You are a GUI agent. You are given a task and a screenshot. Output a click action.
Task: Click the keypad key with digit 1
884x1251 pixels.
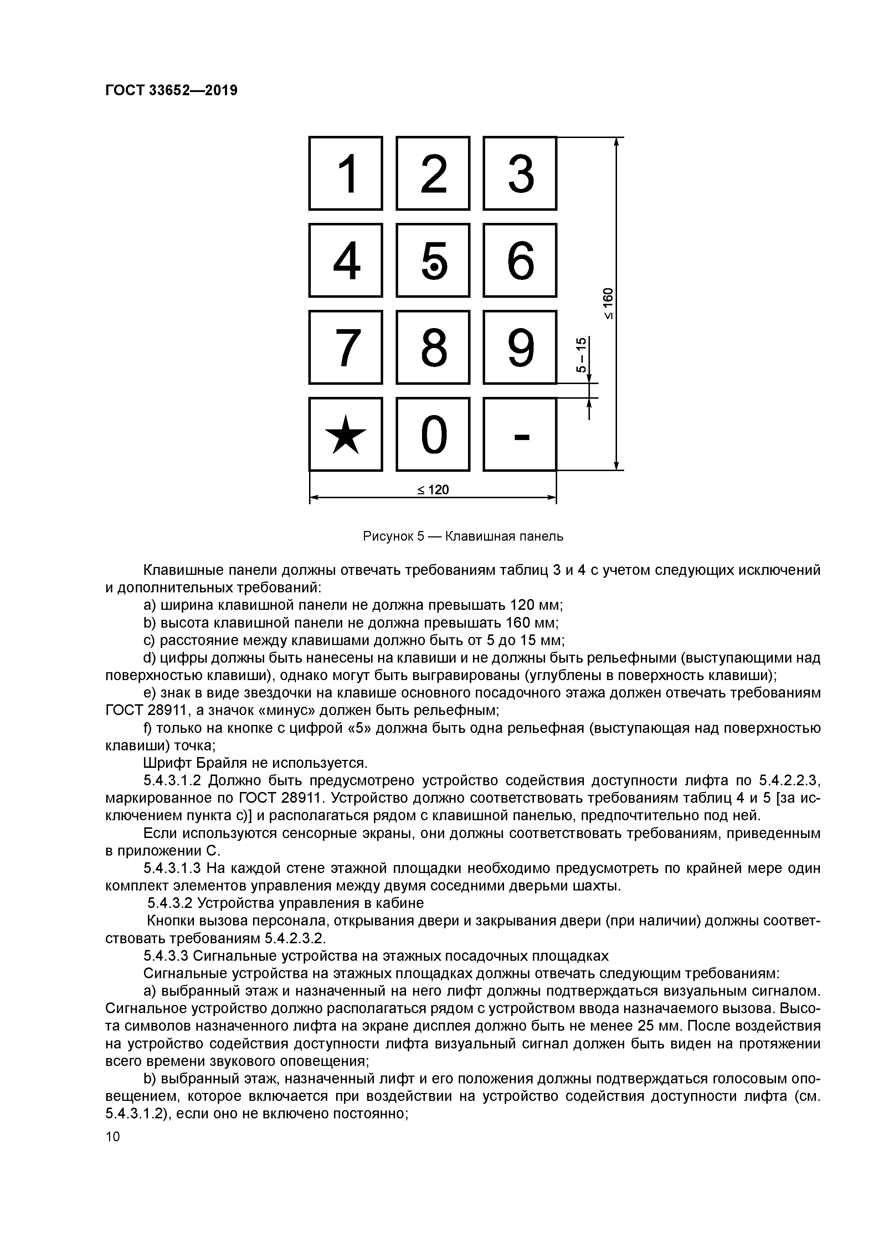345,173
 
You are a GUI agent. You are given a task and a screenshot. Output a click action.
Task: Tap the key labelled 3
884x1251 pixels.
520,173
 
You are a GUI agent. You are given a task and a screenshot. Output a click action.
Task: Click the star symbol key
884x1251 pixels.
345,434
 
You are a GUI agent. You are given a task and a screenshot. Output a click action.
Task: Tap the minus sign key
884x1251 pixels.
520,434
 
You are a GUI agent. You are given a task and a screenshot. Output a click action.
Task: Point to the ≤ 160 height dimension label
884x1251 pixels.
608,303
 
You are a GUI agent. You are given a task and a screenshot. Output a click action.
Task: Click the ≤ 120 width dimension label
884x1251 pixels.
433,490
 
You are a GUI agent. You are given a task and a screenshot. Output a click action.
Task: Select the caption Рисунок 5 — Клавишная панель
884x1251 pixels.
463,536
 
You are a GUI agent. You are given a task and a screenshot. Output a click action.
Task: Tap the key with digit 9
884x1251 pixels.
520,347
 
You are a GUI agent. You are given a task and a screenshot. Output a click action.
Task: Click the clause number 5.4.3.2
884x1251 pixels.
170,903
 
